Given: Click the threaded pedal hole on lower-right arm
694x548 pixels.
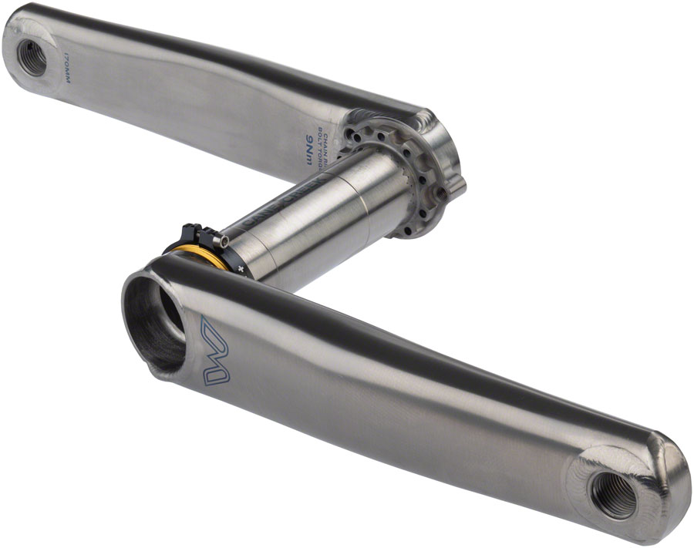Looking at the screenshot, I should (x=614, y=494).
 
